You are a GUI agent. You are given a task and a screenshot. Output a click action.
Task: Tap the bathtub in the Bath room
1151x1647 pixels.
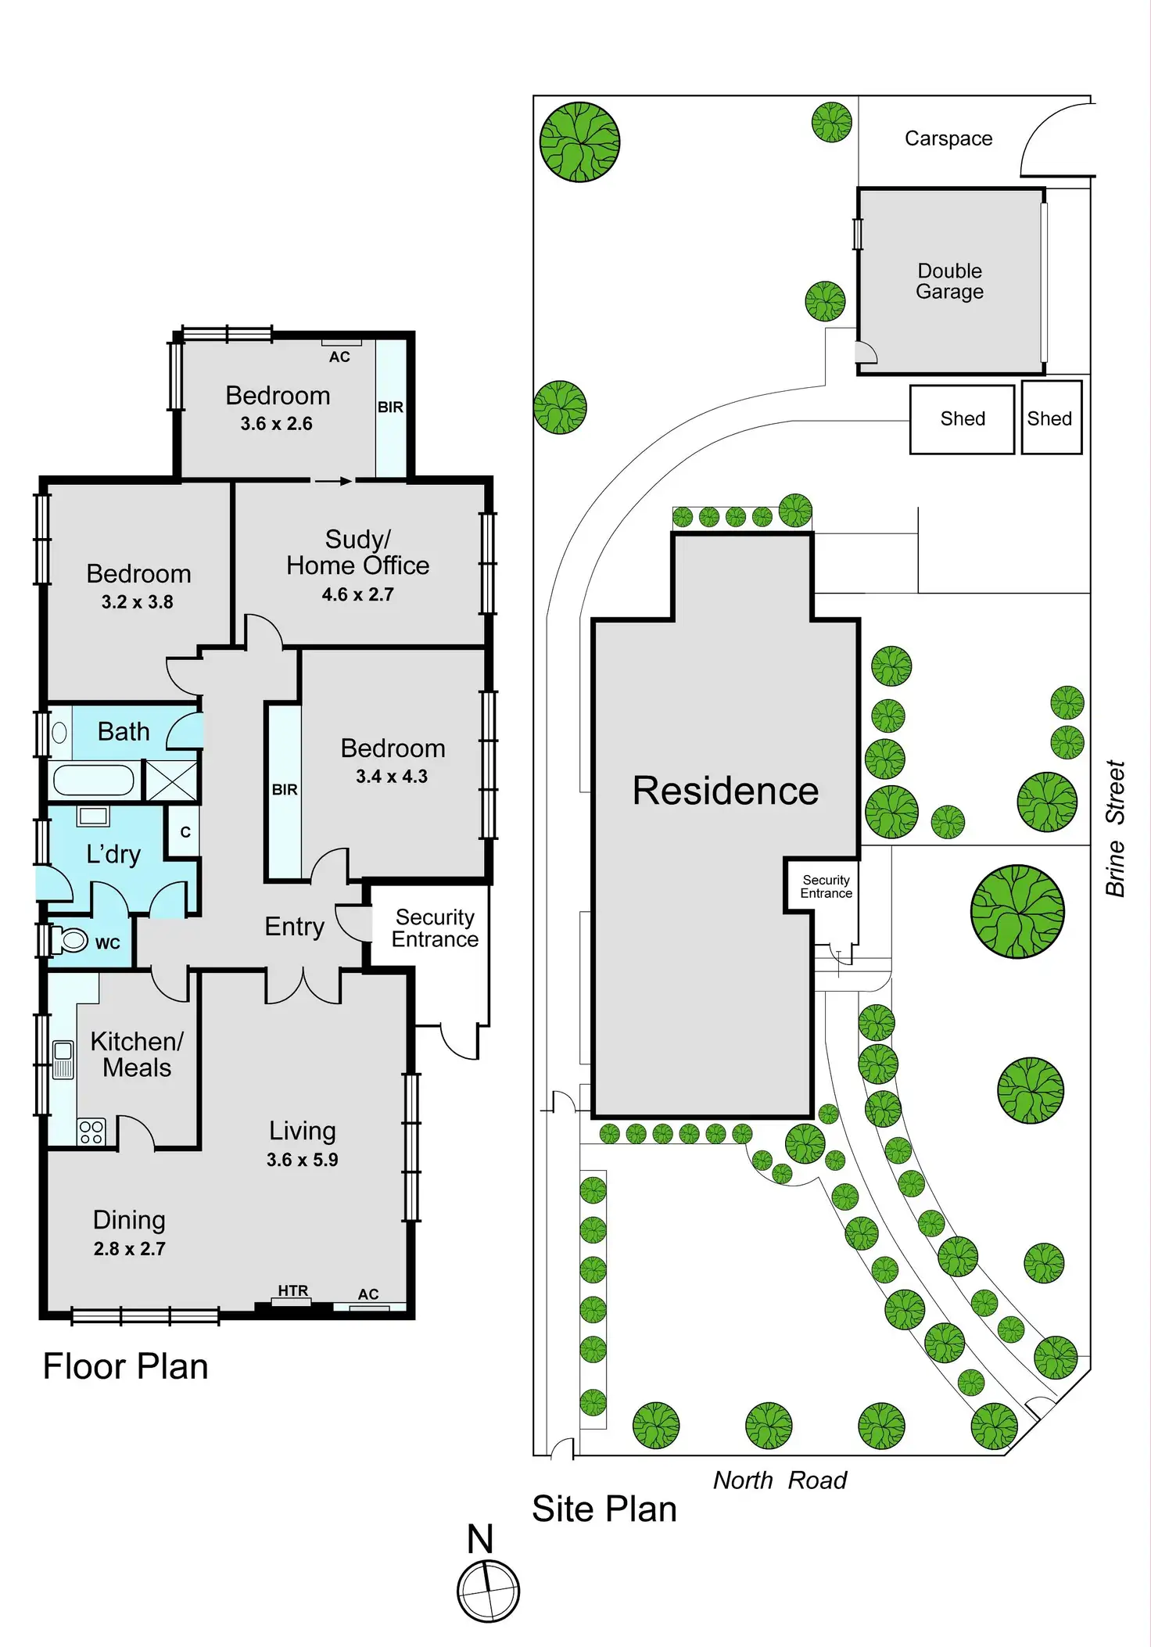pos(94,780)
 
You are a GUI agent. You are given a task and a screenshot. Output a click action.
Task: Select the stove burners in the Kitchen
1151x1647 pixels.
pos(91,1132)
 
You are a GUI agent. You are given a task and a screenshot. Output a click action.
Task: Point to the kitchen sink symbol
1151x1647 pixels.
pos(63,1059)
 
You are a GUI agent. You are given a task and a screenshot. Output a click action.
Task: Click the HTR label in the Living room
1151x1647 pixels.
pos(293,1290)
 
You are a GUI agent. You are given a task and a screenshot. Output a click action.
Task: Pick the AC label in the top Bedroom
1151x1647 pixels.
pos(339,357)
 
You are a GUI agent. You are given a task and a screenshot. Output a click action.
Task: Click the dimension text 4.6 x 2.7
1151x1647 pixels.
pos(357,594)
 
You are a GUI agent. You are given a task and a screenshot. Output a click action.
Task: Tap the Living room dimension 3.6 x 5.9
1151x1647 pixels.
pos(302,1159)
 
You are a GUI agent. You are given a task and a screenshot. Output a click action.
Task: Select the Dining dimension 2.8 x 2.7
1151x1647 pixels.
pos(130,1248)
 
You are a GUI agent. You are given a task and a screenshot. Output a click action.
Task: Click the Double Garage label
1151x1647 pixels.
pos(949,282)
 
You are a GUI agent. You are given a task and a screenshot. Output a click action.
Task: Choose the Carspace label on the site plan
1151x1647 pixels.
pos(948,138)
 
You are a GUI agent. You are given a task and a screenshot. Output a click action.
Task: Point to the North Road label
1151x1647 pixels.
pos(780,1480)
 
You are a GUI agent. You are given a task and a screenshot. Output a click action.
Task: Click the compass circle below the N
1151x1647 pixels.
pos(488,1591)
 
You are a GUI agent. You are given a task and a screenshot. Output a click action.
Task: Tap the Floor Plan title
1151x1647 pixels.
pos(125,1366)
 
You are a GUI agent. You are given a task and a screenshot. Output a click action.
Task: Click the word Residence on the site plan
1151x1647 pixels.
pos(725,791)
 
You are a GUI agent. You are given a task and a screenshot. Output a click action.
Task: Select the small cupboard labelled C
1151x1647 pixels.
pos(185,831)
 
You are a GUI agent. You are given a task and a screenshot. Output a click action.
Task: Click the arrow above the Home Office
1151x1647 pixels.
pos(333,481)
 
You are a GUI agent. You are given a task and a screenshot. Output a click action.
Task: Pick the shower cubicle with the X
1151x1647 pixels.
pos(172,780)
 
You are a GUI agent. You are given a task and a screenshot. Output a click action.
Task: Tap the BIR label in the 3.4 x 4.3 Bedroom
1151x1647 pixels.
pos(285,790)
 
